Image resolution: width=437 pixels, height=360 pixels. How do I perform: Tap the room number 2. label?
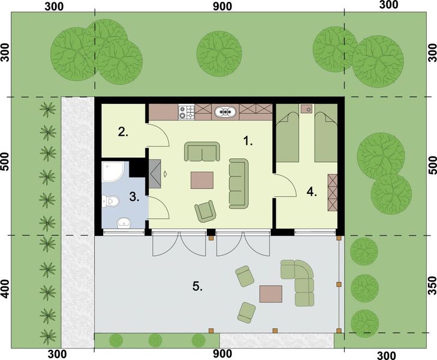(x=123, y=133)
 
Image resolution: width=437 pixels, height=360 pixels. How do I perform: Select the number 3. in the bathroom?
(x=135, y=196)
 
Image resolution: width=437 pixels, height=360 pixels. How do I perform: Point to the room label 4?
(x=311, y=193)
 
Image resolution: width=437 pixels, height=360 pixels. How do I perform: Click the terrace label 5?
(x=197, y=286)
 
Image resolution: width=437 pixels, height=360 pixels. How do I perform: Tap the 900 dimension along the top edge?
(x=222, y=5)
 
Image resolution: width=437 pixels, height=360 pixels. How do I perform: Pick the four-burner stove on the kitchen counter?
(x=186, y=111)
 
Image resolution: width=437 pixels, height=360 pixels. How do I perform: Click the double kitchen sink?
(x=225, y=111)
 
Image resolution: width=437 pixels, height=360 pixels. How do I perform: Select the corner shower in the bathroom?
(x=112, y=172)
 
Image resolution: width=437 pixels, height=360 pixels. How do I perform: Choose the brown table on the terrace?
(x=270, y=293)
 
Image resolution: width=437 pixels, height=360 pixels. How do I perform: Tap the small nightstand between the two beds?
(x=306, y=109)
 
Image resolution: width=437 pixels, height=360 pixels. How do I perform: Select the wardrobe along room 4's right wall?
(x=333, y=192)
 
